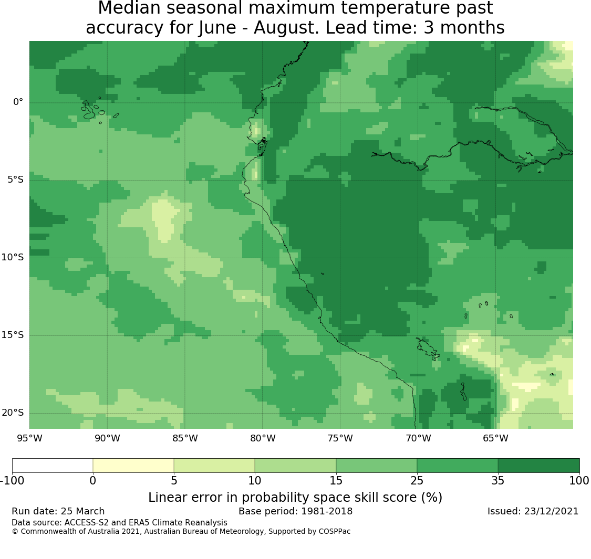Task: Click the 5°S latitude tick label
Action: (x=15, y=180)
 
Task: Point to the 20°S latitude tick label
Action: (x=13, y=413)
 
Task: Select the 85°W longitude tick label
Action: (x=185, y=438)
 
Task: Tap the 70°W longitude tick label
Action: (x=418, y=438)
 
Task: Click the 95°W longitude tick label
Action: (x=29, y=438)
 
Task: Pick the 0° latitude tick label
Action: (x=18, y=102)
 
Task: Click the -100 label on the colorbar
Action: (x=12, y=480)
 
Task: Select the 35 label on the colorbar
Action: (x=498, y=480)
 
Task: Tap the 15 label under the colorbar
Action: (x=336, y=480)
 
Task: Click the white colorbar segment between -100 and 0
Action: (x=53, y=466)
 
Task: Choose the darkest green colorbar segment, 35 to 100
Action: (x=538, y=466)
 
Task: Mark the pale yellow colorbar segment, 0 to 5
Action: (x=133, y=466)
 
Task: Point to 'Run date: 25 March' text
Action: (x=58, y=511)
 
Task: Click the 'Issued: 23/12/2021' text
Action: (x=533, y=511)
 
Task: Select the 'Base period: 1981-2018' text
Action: (x=295, y=511)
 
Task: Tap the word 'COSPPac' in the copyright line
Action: (x=334, y=532)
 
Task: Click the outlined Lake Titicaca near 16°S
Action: (x=428, y=349)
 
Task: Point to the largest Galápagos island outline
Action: (x=89, y=110)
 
